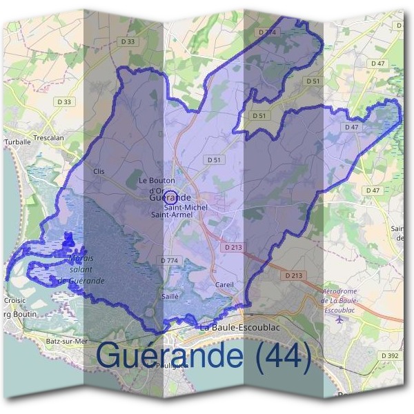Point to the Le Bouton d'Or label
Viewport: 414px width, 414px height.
pos(152,185)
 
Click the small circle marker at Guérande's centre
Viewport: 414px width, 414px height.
pos(172,195)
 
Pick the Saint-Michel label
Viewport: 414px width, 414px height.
pos(186,207)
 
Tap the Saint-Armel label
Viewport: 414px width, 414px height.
pos(172,215)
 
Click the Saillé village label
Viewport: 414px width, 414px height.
pos(170,295)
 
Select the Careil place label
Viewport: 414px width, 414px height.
pos(225,284)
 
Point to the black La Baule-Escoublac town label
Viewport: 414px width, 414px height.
pos(239,327)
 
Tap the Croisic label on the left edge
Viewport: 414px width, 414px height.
pos(14,301)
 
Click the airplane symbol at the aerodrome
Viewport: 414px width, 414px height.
pos(339,319)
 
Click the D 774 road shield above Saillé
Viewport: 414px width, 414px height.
pos(169,260)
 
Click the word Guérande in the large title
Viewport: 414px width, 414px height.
pos(170,356)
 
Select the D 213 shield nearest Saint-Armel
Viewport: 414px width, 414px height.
pos(231,246)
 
